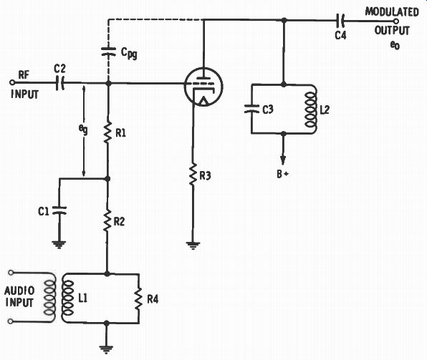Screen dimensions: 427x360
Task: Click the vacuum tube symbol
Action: [x=203, y=87]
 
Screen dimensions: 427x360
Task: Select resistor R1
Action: [x=108, y=132]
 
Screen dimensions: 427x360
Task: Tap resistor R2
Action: [x=107, y=220]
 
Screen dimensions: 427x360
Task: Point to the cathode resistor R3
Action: [x=193, y=175]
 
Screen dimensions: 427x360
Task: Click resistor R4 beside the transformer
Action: [x=138, y=298]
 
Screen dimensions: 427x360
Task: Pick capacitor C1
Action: [x=59, y=210]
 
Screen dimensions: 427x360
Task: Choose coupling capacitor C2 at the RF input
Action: [x=60, y=83]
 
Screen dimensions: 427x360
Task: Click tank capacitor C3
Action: [x=251, y=109]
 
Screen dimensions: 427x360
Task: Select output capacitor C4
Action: [x=340, y=21]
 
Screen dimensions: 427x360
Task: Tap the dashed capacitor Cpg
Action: [x=108, y=52]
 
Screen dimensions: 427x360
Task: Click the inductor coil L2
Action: [x=311, y=110]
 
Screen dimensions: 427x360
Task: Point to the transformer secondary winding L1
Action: [x=67, y=298]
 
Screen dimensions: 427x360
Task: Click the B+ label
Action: [x=282, y=174]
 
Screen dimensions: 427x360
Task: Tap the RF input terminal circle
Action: [x=11, y=82]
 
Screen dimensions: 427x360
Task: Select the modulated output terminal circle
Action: [x=396, y=21]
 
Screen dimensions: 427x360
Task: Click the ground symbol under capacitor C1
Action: [x=59, y=245]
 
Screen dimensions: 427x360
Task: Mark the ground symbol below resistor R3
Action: [x=193, y=245]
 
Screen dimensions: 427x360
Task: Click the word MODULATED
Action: [x=392, y=12]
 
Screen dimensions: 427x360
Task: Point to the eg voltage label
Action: [x=83, y=130]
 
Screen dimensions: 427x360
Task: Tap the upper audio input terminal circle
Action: [x=11, y=272]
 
